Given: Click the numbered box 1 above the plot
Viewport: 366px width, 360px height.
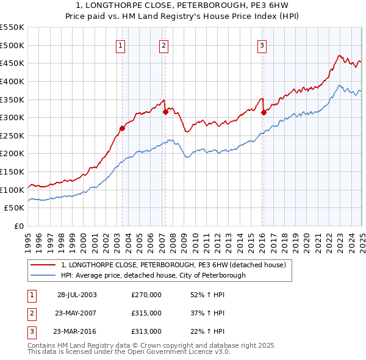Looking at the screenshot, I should point(121,45).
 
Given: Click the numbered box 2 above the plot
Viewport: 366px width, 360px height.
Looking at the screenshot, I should point(164,45).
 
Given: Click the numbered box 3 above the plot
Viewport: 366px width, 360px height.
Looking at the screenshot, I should point(262,45).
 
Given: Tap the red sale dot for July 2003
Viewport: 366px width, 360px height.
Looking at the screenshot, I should point(122,128).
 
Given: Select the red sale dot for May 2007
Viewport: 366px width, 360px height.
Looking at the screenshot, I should point(165,112).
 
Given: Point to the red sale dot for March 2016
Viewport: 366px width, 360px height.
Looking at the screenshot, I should point(264,112).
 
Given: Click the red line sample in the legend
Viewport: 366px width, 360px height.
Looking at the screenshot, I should point(43,265).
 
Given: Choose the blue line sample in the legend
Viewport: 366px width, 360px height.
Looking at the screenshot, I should point(43,276).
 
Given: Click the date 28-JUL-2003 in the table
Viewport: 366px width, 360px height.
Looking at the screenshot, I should point(77,295).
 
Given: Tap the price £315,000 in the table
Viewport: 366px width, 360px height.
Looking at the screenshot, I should point(146,313).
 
